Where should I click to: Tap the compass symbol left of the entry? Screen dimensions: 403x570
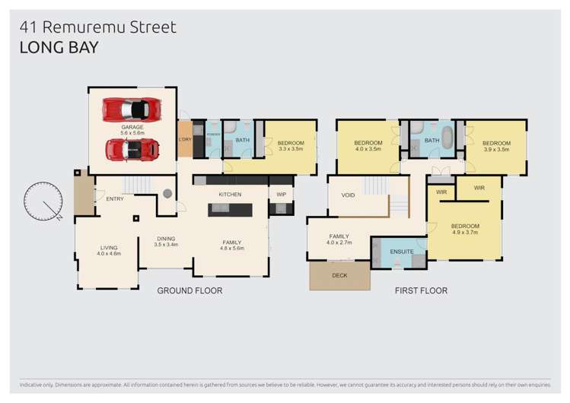pyautogui.click(x=43, y=201)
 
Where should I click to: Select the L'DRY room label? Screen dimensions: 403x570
pyautogui.click(x=184, y=139)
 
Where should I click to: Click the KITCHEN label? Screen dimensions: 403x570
pyautogui.click(x=230, y=195)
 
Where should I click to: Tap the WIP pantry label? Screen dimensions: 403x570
pyautogui.click(x=280, y=195)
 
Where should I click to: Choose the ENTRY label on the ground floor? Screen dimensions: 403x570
pyautogui.click(x=115, y=199)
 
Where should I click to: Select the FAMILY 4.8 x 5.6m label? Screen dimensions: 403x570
pyautogui.click(x=231, y=244)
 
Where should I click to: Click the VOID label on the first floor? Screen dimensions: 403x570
pyautogui.click(x=348, y=195)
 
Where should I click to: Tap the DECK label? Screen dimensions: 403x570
pyautogui.click(x=339, y=275)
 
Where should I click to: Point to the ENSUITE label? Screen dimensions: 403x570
pyautogui.click(x=401, y=251)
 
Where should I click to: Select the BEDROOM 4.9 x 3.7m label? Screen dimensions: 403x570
pyautogui.click(x=465, y=230)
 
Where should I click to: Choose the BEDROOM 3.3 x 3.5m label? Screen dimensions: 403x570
pyautogui.click(x=291, y=146)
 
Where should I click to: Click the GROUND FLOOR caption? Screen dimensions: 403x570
pyautogui.click(x=189, y=290)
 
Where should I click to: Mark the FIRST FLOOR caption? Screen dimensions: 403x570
pyautogui.click(x=421, y=290)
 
